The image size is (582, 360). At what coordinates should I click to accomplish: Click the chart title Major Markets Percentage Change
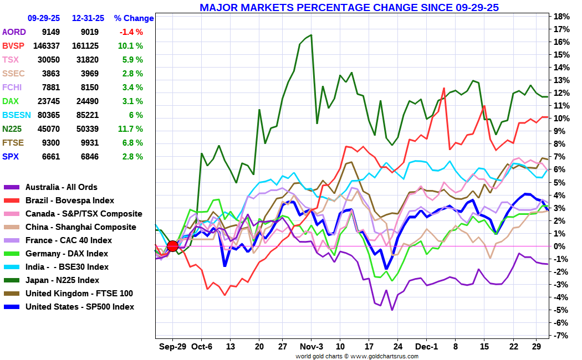(349, 7)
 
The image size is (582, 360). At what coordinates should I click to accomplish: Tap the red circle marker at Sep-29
(172, 246)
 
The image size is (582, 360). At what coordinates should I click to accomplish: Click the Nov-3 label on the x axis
(311, 347)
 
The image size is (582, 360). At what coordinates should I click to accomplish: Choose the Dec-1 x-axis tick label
(426, 347)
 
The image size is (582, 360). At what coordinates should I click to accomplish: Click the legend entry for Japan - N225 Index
(62, 280)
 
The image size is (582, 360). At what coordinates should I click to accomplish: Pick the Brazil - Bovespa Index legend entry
(69, 200)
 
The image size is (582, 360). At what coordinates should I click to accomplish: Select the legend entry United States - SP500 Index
(79, 307)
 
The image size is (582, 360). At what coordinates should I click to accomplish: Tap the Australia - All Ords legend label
(61, 187)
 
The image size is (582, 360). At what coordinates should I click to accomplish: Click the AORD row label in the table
(14, 32)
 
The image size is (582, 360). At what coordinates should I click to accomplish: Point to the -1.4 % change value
(131, 32)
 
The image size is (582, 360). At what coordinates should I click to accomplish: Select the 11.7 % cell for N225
(130, 129)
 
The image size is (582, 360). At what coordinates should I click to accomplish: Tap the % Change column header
(134, 18)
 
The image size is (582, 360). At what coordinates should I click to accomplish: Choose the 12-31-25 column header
(87, 18)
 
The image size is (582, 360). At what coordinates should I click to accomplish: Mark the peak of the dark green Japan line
(311, 35)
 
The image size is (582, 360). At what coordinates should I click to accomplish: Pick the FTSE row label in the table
(13, 143)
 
